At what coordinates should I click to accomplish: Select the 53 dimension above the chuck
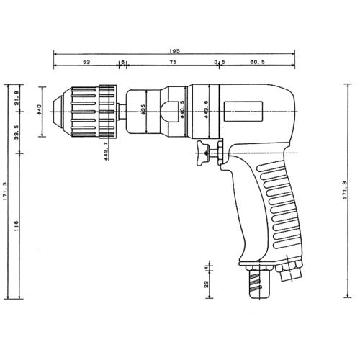point(86,63)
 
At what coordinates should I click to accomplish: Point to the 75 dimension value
point(173,63)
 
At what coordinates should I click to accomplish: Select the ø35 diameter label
point(145,109)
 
